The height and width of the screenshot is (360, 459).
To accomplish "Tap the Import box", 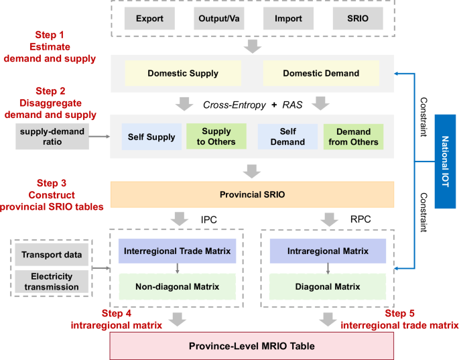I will (x=287, y=18).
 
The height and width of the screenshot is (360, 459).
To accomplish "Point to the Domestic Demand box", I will (x=321, y=73).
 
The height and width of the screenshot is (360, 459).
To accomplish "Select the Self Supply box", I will (x=151, y=137).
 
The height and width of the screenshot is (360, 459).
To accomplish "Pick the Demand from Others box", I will (x=353, y=137).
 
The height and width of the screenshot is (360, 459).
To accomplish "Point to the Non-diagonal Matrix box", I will (x=177, y=286).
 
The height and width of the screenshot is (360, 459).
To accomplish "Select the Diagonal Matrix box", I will (x=327, y=286).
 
